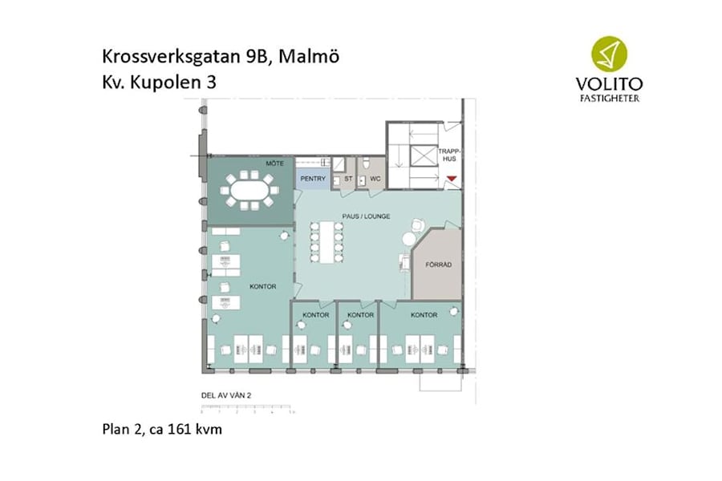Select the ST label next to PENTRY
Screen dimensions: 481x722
point(348,180)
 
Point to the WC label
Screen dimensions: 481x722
point(375,180)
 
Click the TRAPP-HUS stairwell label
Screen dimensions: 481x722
point(448,155)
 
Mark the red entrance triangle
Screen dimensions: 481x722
point(452,178)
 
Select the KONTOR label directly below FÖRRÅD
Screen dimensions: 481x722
point(424,315)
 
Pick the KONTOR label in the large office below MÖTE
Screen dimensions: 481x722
point(263,286)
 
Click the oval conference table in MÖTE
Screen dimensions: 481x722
point(250,192)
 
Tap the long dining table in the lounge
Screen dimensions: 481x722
point(328,242)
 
